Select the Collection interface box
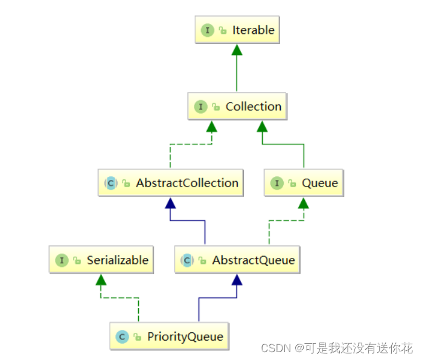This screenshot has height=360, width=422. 237,106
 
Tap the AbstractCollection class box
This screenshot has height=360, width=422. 171,182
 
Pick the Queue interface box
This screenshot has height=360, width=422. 304,182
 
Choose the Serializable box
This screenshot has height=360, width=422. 101,260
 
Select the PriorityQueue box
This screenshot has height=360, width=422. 170,336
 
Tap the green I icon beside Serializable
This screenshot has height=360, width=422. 62,260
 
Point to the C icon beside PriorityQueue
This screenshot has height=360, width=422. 122,336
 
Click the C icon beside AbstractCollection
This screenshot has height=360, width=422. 110,183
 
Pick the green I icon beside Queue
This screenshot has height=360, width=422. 277,183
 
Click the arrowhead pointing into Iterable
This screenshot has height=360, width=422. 237,50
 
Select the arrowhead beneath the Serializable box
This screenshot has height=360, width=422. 101,280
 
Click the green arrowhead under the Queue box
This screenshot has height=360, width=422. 304,202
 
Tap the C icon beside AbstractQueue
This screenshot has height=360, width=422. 187,260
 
